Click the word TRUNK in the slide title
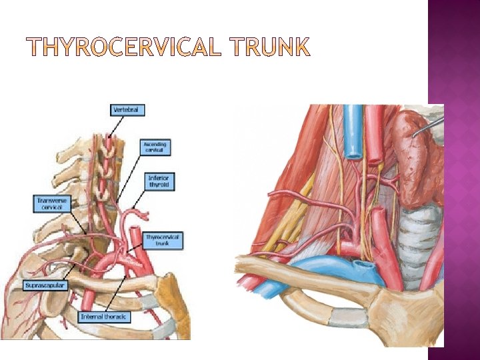pos(271,48)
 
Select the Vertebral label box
pos(127,109)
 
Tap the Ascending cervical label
pos(155,147)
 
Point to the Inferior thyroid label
pos(160,181)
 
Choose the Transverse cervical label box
pos(51,203)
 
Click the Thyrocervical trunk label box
pos(163,241)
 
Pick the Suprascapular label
pos(44,285)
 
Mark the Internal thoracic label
pos(104,317)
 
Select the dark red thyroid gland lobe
pos(418,160)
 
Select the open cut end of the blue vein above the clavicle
pos(365,267)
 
